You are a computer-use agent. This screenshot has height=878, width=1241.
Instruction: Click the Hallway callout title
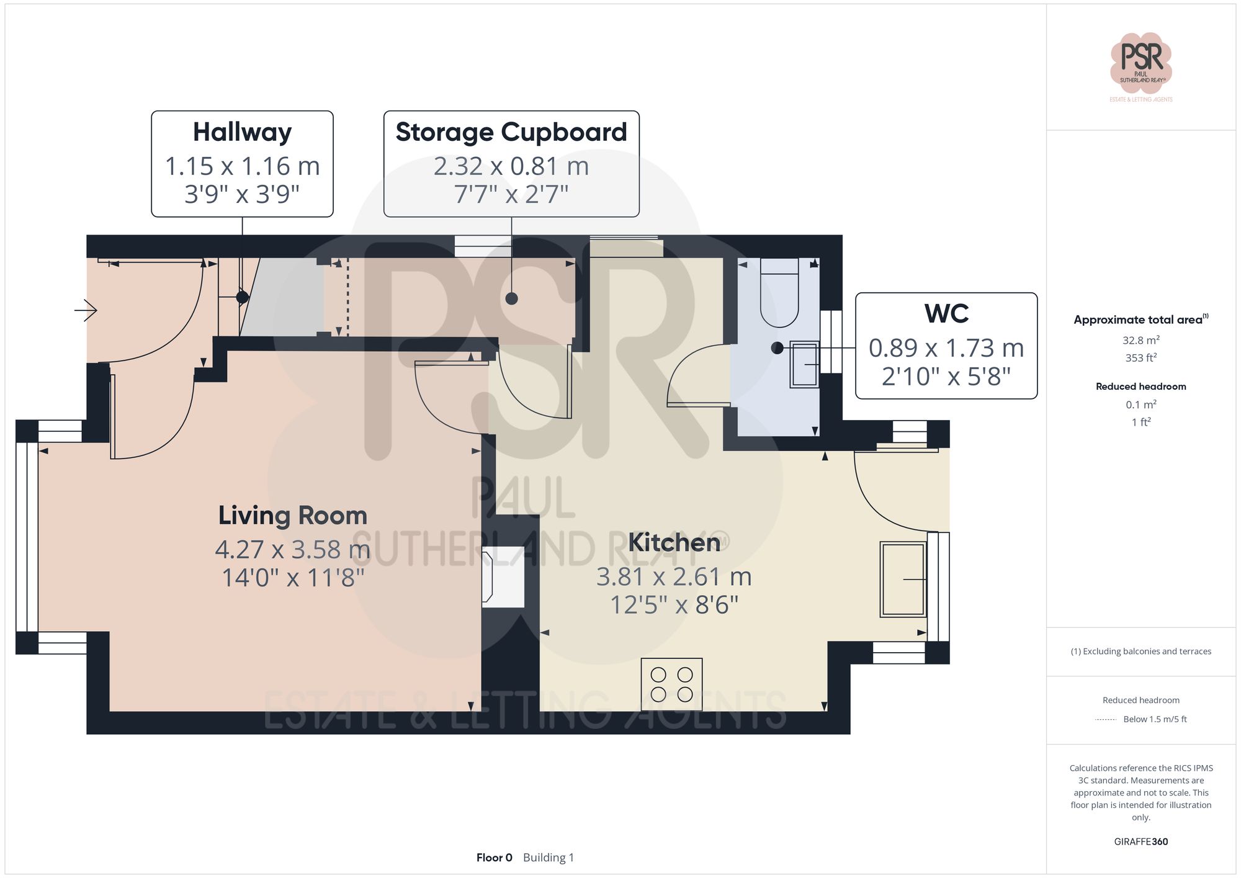coord(242,132)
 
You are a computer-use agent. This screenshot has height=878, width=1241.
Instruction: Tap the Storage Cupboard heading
coord(511,132)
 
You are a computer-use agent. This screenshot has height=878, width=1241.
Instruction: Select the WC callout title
coord(946,314)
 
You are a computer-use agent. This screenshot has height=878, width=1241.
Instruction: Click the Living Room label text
coord(293,516)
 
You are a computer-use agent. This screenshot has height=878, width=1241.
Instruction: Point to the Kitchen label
coord(674,543)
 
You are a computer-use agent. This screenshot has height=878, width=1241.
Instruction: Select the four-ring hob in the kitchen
coord(671,684)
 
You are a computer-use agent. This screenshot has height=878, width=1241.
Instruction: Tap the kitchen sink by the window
coord(903,580)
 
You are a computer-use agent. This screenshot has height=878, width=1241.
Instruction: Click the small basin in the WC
coord(804,365)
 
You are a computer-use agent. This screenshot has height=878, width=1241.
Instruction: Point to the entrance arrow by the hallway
coord(86,310)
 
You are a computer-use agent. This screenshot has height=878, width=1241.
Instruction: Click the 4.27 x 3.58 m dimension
coord(293,550)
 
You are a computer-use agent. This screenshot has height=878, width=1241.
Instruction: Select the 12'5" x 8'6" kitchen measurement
coord(674,604)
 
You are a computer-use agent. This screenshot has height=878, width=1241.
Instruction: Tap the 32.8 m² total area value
coord(1140,340)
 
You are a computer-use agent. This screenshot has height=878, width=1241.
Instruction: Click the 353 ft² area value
coord(1140,358)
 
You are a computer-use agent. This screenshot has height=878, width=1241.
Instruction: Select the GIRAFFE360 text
coord(1140,841)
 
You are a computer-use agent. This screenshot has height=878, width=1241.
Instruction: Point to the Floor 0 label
coord(494,858)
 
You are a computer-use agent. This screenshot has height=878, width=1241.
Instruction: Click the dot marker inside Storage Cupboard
coord(511,298)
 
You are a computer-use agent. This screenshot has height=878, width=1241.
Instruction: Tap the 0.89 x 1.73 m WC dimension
coord(946,349)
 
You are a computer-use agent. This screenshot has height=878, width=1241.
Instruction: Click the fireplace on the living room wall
coord(503,576)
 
